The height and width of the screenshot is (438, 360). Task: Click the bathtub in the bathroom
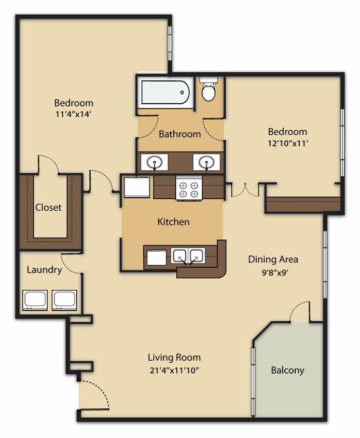(165, 92)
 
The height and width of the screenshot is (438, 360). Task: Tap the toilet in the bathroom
(209, 91)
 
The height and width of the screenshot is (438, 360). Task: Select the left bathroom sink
(155, 162)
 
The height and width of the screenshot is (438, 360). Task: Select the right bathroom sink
(206, 162)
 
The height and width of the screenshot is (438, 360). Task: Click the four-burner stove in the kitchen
(189, 188)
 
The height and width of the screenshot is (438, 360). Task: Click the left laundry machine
(35, 300)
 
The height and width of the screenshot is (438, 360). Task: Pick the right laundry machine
(65, 300)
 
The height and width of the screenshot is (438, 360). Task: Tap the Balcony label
(287, 371)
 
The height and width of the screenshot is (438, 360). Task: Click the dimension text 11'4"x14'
(73, 115)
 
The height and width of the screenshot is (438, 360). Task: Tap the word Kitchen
(173, 222)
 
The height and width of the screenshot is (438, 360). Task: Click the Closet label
(48, 208)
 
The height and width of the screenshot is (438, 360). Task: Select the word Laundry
(44, 270)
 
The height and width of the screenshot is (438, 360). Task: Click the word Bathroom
(179, 134)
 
